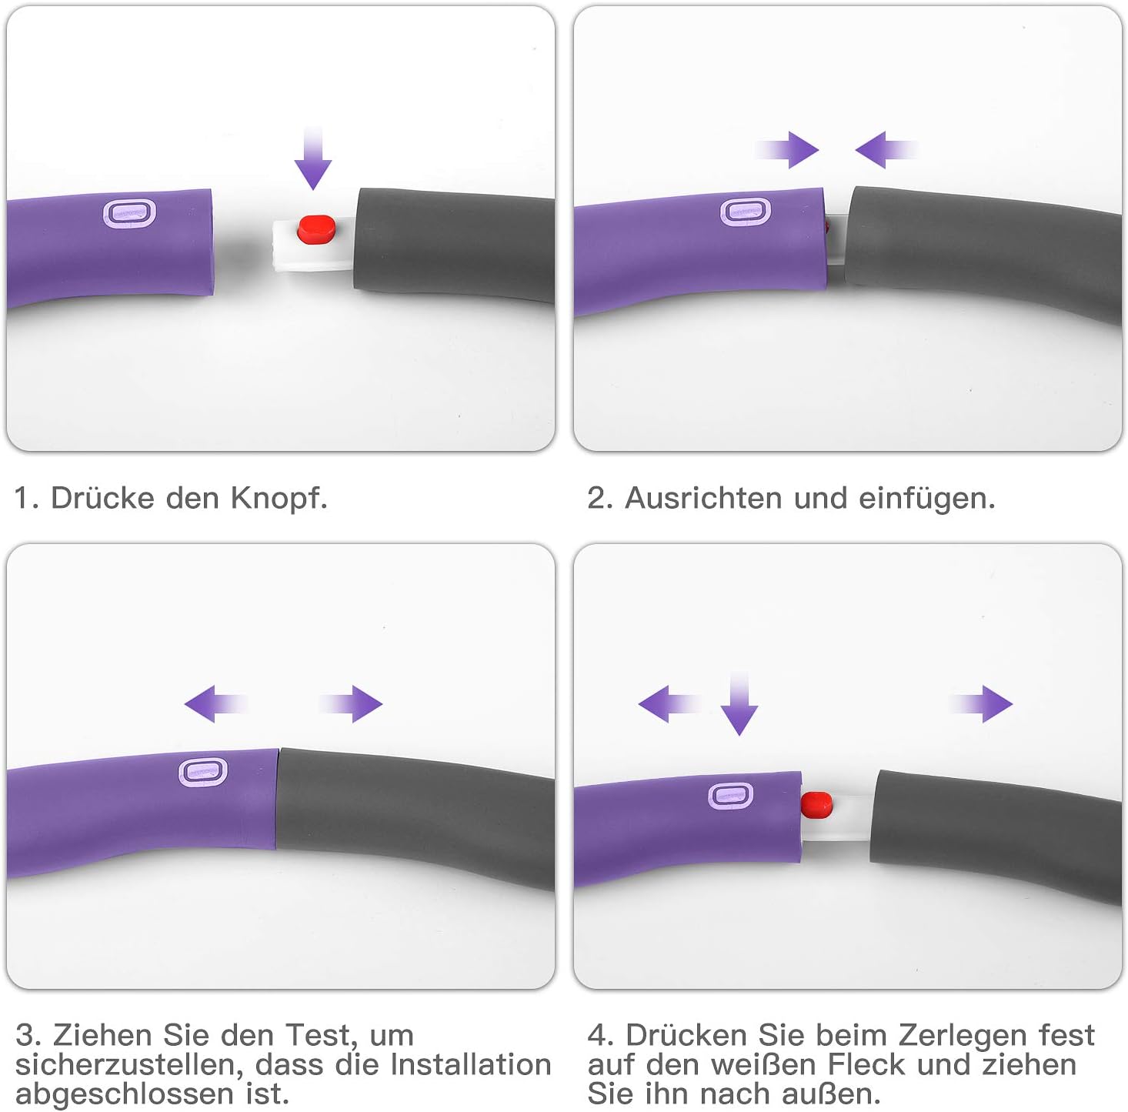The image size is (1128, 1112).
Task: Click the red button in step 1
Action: (x=316, y=229)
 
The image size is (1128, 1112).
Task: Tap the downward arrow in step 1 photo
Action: (x=313, y=158)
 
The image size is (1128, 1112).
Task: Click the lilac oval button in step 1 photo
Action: (x=129, y=212)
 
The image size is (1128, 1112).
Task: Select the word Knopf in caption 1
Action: (x=279, y=499)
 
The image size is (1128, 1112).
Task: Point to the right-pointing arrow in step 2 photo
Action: (x=787, y=150)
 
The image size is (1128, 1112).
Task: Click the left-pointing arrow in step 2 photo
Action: (x=886, y=150)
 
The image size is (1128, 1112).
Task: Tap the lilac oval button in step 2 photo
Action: (x=745, y=212)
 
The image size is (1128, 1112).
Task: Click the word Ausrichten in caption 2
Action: (x=704, y=499)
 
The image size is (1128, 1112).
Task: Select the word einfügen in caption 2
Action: (x=926, y=499)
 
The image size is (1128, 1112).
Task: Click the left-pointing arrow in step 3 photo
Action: (x=216, y=704)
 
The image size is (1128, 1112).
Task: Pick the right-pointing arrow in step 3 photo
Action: (x=351, y=704)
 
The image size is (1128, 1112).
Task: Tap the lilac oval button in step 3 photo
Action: (x=203, y=771)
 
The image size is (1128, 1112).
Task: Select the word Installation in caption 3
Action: (x=471, y=1064)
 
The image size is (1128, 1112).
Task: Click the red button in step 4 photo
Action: (x=816, y=805)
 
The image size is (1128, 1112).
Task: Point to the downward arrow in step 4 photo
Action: (x=739, y=703)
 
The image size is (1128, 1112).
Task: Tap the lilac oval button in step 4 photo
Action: (x=730, y=795)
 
